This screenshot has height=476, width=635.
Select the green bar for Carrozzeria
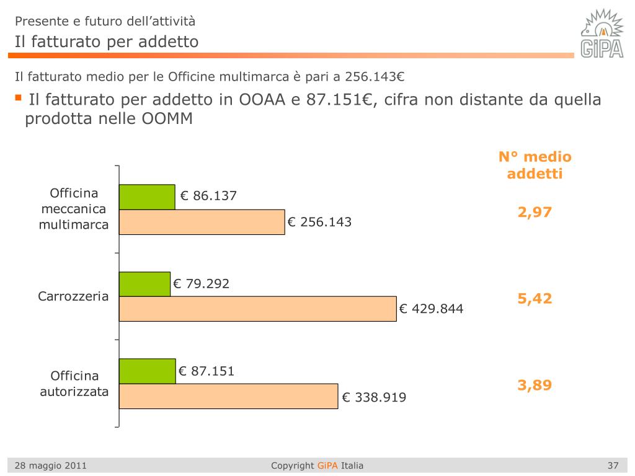144,284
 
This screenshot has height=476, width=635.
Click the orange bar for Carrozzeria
257,309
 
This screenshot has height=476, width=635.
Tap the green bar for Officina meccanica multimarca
147,197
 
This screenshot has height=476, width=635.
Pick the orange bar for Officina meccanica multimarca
202,222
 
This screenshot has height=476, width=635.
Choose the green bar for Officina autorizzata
147,371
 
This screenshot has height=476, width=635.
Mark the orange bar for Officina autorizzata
228,396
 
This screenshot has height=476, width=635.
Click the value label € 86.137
208,196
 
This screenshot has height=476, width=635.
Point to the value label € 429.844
431,309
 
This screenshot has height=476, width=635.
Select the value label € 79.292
201,284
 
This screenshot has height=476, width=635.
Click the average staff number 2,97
535,212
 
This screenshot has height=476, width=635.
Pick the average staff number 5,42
535,298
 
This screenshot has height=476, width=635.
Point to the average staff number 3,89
535,385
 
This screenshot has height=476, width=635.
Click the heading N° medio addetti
535,165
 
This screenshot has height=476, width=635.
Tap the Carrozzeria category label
73,296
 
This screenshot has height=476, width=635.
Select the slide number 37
613,465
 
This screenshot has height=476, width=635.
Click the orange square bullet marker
18,98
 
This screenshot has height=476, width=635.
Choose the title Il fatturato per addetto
107,42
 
